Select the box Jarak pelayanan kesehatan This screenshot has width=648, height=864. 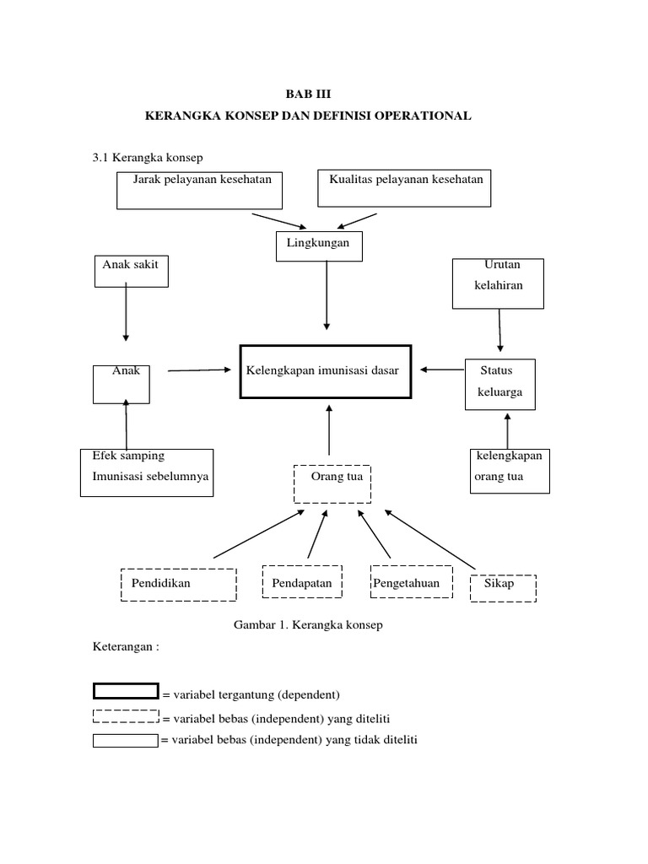coord(199,189)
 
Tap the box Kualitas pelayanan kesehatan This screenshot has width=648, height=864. coord(403,187)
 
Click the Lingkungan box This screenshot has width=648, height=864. coord(319,246)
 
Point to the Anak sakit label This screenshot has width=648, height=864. coord(130,264)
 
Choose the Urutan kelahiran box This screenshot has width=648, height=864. coord(498,283)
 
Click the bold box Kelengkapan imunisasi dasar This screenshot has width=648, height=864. coord(326,370)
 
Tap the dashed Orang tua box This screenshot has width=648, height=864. coord(332,483)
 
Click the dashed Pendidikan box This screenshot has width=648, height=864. coord(178,583)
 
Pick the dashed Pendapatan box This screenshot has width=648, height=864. coord(302,583)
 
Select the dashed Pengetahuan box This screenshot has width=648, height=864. coord(408,583)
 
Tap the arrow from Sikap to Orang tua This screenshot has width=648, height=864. coord(430,537)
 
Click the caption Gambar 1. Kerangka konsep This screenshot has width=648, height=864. coord(307,624)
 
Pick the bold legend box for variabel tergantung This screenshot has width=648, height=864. coord(125,692)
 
